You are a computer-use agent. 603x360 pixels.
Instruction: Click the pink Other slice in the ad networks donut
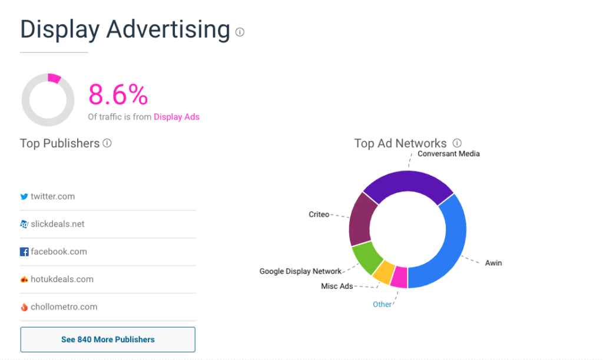click(399, 277)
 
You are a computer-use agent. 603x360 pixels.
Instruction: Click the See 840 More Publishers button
click(108, 339)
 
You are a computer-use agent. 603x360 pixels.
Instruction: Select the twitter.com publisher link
click(52, 196)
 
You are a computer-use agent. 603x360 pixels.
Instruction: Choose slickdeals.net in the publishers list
click(57, 224)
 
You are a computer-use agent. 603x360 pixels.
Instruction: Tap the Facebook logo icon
click(24, 252)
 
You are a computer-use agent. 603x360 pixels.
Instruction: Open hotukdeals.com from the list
click(62, 279)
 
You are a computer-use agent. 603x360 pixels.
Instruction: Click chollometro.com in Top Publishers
click(64, 307)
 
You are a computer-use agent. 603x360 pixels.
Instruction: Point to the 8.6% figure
click(118, 95)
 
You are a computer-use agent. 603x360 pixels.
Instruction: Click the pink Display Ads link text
click(177, 117)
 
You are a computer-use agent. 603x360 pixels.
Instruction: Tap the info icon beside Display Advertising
click(240, 32)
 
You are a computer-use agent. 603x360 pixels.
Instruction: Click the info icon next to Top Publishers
click(107, 143)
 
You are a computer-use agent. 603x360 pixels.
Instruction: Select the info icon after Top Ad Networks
click(457, 143)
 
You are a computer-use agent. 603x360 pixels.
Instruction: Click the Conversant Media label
click(448, 154)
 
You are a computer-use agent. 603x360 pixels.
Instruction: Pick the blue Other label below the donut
click(382, 305)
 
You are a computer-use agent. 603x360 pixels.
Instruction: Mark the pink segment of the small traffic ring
click(54, 78)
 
